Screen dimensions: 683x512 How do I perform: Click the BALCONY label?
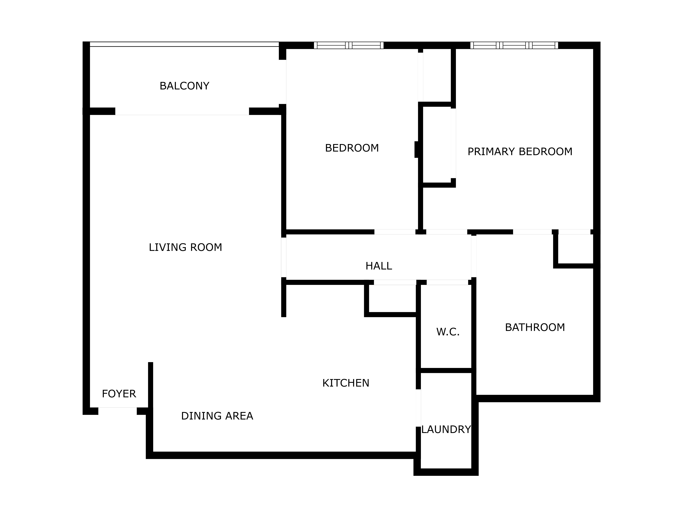pos(184,86)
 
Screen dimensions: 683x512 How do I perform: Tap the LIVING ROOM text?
pos(185,247)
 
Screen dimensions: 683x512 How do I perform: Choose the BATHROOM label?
pos(535,327)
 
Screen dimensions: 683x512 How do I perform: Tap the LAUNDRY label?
pos(446,429)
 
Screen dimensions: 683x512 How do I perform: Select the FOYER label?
pos(119,394)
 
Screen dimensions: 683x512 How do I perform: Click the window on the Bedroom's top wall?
pos(349,45)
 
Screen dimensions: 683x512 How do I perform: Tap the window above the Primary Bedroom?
pos(514,45)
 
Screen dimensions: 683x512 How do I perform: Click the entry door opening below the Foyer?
pos(117,411)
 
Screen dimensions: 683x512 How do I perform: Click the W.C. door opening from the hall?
pos(447,282)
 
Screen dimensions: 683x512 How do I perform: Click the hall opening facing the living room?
pos(283,257)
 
